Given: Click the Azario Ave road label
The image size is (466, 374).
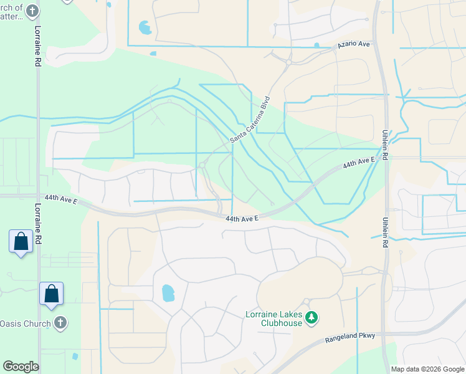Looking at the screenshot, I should click(354, 45).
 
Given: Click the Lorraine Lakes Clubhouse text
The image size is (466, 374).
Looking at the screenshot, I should click(274, 319).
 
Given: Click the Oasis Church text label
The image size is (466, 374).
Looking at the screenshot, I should click(25, 323).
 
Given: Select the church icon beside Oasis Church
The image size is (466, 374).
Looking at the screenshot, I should click(60, 322).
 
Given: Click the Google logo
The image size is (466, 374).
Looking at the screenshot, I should click(21, 366).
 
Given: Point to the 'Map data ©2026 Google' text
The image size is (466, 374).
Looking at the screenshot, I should click(427, 369).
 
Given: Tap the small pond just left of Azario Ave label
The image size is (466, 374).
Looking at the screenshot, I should click(317, 45).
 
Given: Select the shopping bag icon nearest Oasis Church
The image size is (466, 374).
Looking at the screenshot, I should click(52, 293).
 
